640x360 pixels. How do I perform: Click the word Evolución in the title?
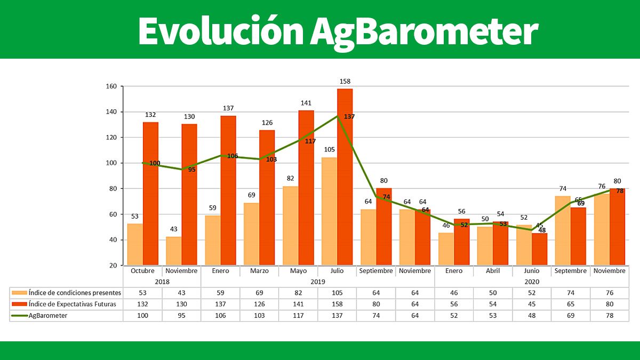(x=219, y=31)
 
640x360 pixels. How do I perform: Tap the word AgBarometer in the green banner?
(x=424, y=31)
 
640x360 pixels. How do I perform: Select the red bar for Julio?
(x=345, y=177)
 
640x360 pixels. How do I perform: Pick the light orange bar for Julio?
(x=329, y=211)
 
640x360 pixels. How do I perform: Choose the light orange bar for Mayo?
(x=290, y=226)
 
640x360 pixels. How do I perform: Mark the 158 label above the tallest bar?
(x=345, y=82)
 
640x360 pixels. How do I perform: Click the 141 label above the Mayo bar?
(x=306, y=103)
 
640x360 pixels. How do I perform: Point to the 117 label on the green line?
(x=310, y=141)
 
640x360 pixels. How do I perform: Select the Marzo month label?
(x=259, y=271)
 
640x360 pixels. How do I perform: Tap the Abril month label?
(x=493, y=271)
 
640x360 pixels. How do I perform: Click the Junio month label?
(x=532, y=271)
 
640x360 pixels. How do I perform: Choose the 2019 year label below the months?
(x=317, y=282)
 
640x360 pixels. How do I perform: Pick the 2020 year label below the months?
(x=532, y=282)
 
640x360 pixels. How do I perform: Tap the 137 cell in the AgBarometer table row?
(x=337, y=315)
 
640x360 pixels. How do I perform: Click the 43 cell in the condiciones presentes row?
(x=181, y=293)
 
